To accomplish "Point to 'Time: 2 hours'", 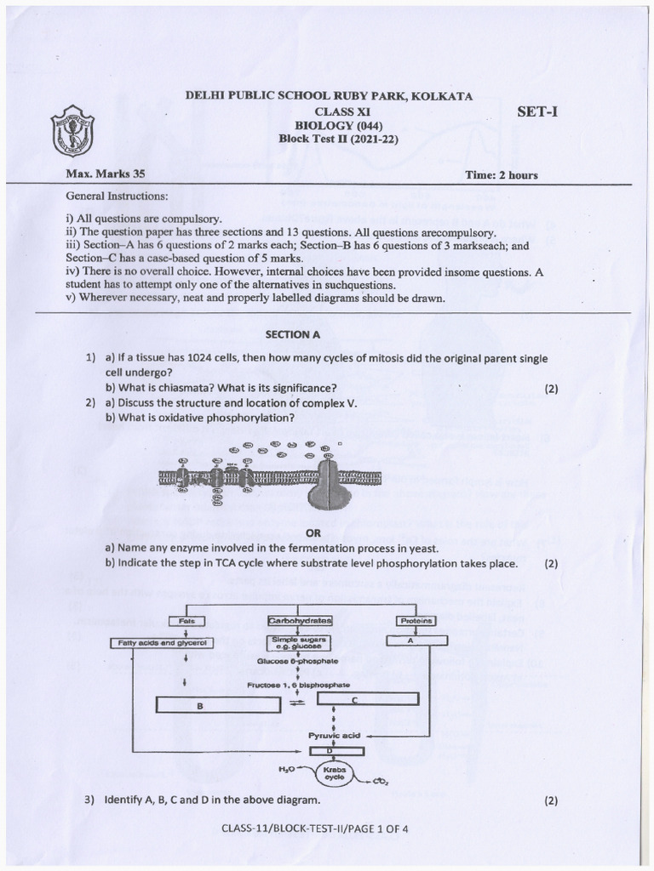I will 501,175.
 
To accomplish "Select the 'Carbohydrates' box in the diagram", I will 300,621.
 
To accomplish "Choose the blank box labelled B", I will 199,704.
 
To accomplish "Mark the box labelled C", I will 368,698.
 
